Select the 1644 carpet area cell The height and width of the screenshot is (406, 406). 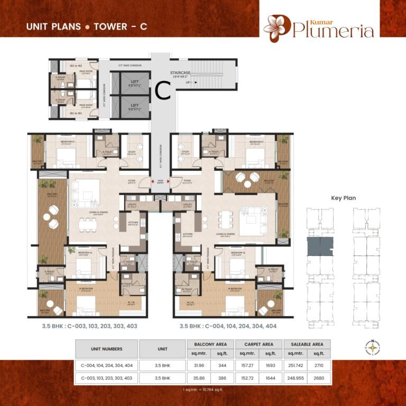[x=270, y=379]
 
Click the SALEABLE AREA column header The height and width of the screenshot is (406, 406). [x=307, y=344]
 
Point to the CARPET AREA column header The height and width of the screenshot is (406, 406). [x=259, y=344]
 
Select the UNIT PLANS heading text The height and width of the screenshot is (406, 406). [x=53, y=26]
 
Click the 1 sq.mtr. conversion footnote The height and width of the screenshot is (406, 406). [x=202, y=390]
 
